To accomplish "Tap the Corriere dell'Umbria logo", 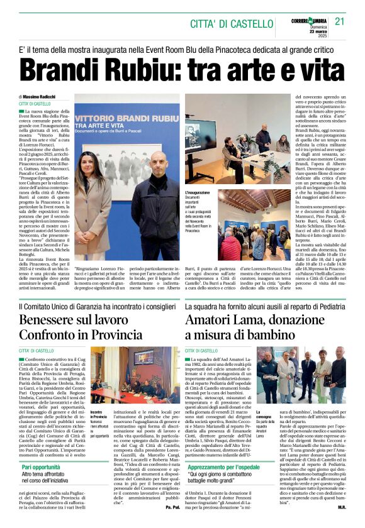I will (x=309, y=21).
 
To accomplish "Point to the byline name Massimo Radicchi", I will (x=41, y=96).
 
